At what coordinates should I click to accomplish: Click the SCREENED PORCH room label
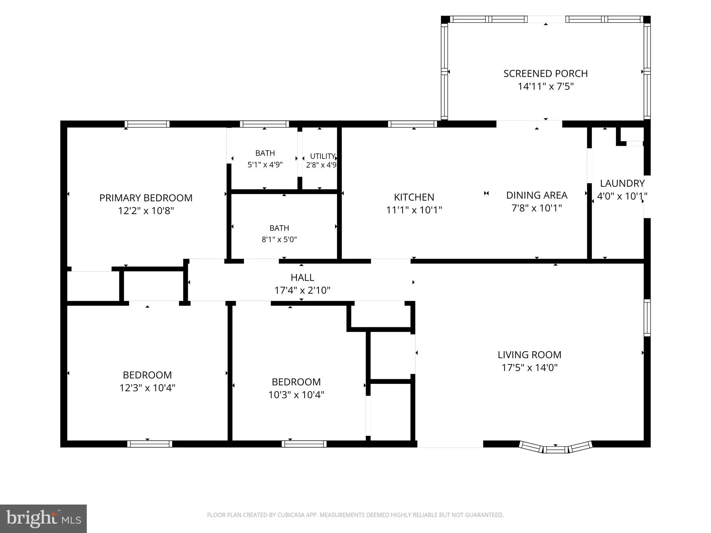point(545,74)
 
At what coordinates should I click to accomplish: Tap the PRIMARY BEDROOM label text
point(146,198)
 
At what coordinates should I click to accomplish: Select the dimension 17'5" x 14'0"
point(529,367)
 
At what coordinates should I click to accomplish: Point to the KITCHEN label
point(414,197)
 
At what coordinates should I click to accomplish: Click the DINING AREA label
point(537,195)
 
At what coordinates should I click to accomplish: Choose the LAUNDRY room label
point(622,183)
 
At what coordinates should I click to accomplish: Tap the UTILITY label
point(323,156)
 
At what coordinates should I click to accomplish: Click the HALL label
point(302,278)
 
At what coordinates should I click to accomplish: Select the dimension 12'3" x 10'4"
point(147,388)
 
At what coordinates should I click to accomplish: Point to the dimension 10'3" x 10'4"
point(296,395)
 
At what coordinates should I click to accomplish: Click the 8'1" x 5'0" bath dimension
point(279,239)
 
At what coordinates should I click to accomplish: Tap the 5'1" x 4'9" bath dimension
point(265,164)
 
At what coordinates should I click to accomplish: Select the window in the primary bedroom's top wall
point(147,124)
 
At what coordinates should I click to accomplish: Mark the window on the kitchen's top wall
point(412,124)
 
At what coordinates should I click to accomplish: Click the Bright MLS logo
point(43,518)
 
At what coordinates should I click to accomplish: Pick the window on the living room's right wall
point(647,318)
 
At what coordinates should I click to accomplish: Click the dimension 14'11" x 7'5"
point(545,86)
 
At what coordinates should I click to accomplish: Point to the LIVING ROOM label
point(529,355)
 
